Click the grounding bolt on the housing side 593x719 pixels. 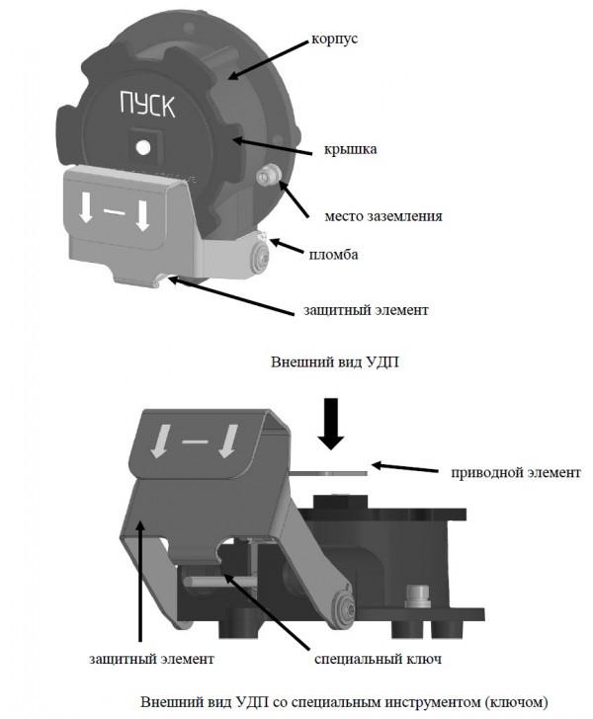pyautogui.click(x=267, y=178)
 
